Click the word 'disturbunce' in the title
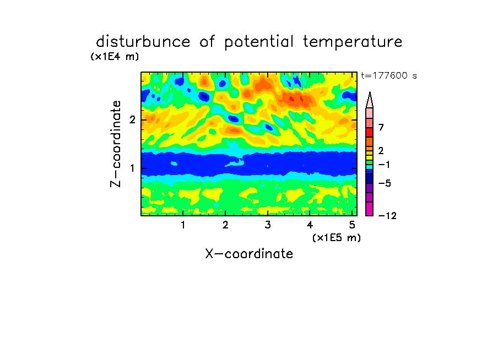[143, 42]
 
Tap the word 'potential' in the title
[258, 42]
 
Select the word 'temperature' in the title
[353, 42]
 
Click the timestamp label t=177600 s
[389, 75]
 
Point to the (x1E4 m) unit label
[115, 57]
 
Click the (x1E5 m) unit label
[337, 237]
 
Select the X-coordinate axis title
[249, 254]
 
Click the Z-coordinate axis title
[116, 144]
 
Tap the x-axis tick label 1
[183, 225]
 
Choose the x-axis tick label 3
[268, 225]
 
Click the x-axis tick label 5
[352, 225]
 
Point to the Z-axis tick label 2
[132, 120]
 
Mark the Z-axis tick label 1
[132, 168]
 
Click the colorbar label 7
[381, 128]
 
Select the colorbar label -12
[387, 216]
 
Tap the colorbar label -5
[385, 183]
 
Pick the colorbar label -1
[384, 165]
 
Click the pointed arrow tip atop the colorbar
[370, 92]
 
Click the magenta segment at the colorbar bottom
[370, 209]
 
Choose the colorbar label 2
[381, 151]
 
